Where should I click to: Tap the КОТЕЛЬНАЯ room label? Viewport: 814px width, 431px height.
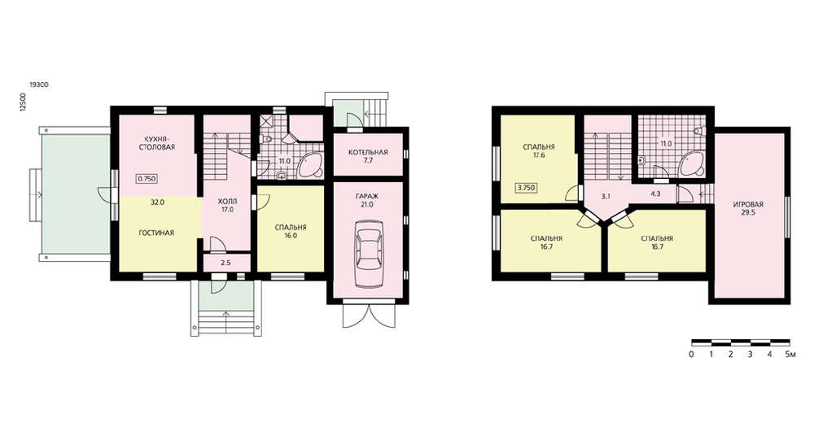coord(368,152)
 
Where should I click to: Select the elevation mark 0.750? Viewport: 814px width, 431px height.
coord(147,179)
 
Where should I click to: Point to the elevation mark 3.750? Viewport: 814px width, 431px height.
coord(527,188)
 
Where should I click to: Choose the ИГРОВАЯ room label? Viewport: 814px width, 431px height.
coord(749,204)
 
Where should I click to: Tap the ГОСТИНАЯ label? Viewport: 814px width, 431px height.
coord(156,233)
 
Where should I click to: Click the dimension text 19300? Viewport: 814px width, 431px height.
coord(39,85)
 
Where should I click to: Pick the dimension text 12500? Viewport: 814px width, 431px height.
coord(23,102)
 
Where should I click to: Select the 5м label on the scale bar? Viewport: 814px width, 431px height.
coord(790,355)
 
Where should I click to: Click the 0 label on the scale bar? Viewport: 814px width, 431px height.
coord(691,355)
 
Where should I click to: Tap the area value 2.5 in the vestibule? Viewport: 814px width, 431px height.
coord(225,263)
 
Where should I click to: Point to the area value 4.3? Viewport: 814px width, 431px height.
coord(655,194)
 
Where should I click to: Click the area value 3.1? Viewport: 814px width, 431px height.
coord(606,197)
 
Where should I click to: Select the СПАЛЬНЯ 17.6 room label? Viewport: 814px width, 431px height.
coord(539,151)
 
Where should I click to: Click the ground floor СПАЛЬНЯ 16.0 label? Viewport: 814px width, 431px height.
coord(291,231)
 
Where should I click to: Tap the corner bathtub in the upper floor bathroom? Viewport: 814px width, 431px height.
coord(691,163)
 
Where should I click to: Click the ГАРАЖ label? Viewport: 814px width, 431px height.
coord(368,197)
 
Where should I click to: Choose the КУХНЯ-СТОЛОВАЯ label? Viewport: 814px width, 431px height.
coord(156,143)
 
